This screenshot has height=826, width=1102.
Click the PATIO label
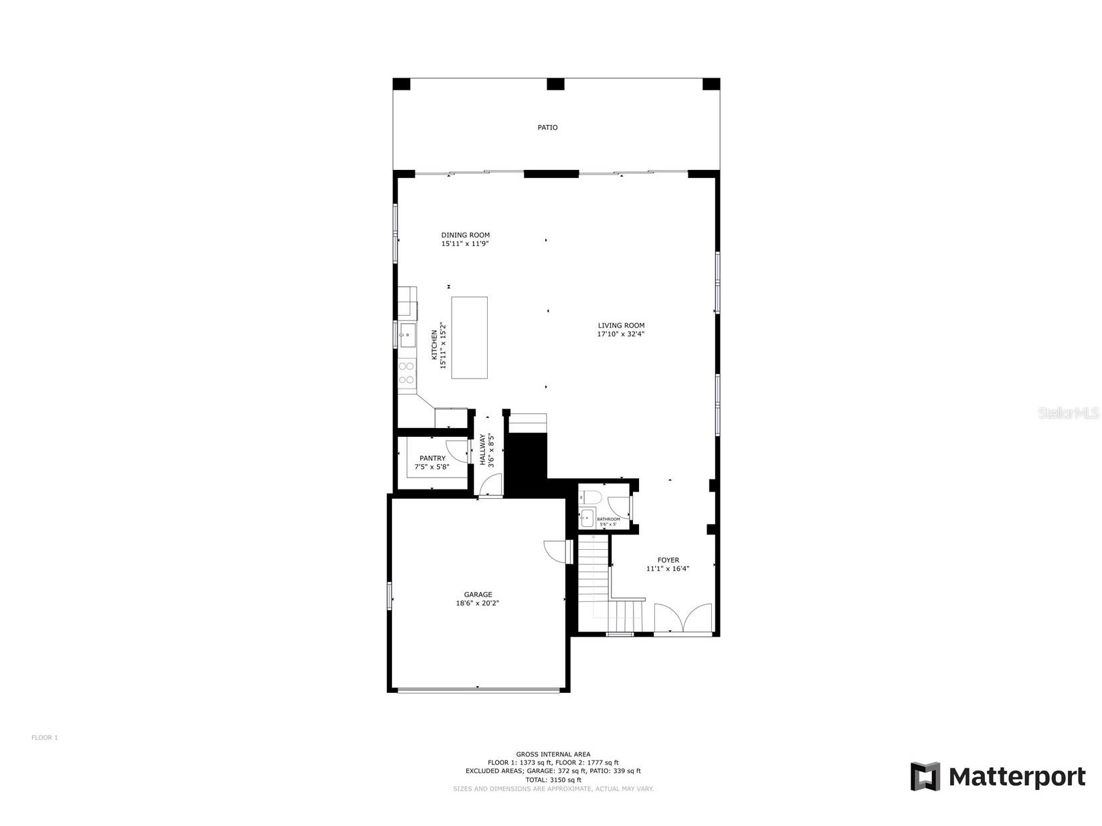tap(547, 127)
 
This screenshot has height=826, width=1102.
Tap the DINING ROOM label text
tap(465, 235)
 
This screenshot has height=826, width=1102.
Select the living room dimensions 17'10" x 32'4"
tap(621, 334)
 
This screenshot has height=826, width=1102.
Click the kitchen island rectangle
tap(469, 338)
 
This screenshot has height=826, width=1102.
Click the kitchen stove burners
tap(406, 373)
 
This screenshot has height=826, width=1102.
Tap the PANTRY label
tap(432, 458)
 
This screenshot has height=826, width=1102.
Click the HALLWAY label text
tap(482, 449)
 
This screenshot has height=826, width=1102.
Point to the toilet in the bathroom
tap(591, 496)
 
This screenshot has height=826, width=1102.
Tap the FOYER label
tap(668, 560)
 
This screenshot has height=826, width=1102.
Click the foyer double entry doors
tap(682, 617)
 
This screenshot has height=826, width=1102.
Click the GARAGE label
tap(478, 594)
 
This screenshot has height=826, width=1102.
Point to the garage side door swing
tap(555, 551)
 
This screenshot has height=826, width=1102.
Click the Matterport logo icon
tap(925, 776)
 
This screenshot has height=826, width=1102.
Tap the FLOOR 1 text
tap(45, 738)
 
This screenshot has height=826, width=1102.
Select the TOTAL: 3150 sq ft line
tap(553, 780)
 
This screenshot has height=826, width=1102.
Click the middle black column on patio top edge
tap(555, 84)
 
